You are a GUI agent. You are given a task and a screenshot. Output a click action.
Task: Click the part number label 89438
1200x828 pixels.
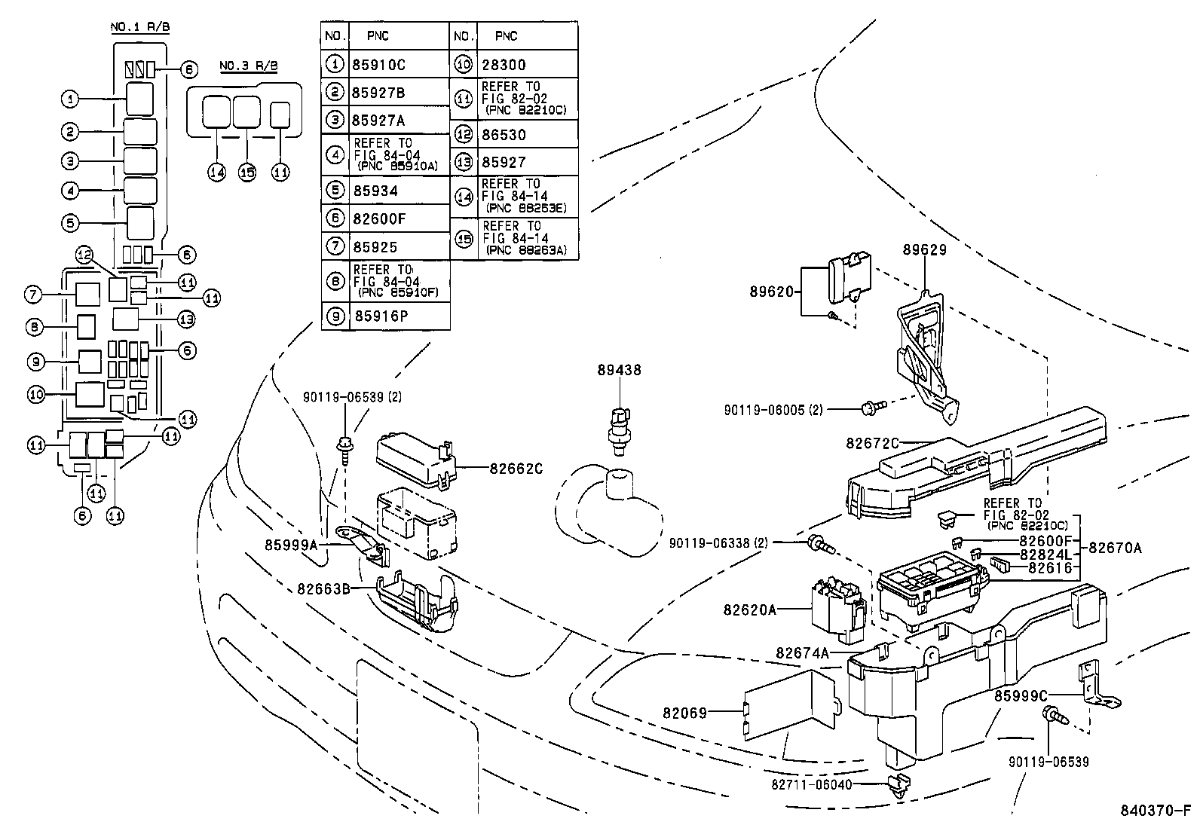point(619,370)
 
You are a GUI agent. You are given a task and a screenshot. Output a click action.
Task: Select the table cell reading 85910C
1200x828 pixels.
point(378,65)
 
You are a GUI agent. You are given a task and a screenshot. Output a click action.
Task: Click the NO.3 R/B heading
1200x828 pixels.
point(248,66)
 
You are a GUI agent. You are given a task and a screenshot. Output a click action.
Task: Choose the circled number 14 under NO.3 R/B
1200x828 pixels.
point(217,173)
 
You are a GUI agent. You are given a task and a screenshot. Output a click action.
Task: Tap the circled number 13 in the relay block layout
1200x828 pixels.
point(185,319)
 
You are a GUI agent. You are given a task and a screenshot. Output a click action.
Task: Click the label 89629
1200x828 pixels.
point(924,249)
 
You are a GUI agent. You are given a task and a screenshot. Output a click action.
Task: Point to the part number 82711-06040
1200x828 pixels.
point(811,784)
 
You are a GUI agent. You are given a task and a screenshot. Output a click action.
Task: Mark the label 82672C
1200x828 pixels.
point(872,444)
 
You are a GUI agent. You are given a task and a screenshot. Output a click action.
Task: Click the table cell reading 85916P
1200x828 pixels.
point(381,316)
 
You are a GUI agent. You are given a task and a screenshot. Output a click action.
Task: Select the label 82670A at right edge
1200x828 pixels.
point(1115,548)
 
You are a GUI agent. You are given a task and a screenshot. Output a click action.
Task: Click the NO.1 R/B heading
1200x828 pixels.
point(140,27)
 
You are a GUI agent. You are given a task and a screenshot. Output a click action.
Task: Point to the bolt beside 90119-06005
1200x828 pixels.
point(868,408)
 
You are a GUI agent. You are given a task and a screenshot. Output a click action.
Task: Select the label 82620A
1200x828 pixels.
point(749,610)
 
